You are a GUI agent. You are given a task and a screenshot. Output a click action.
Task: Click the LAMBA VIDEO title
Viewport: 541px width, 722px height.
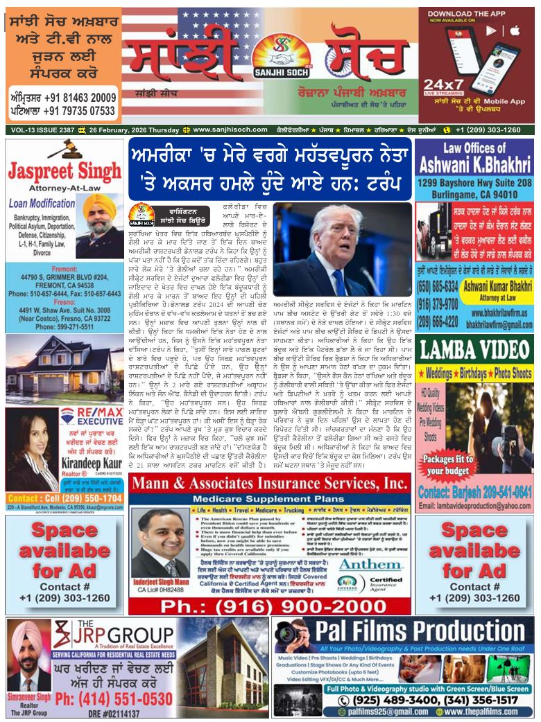474,350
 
